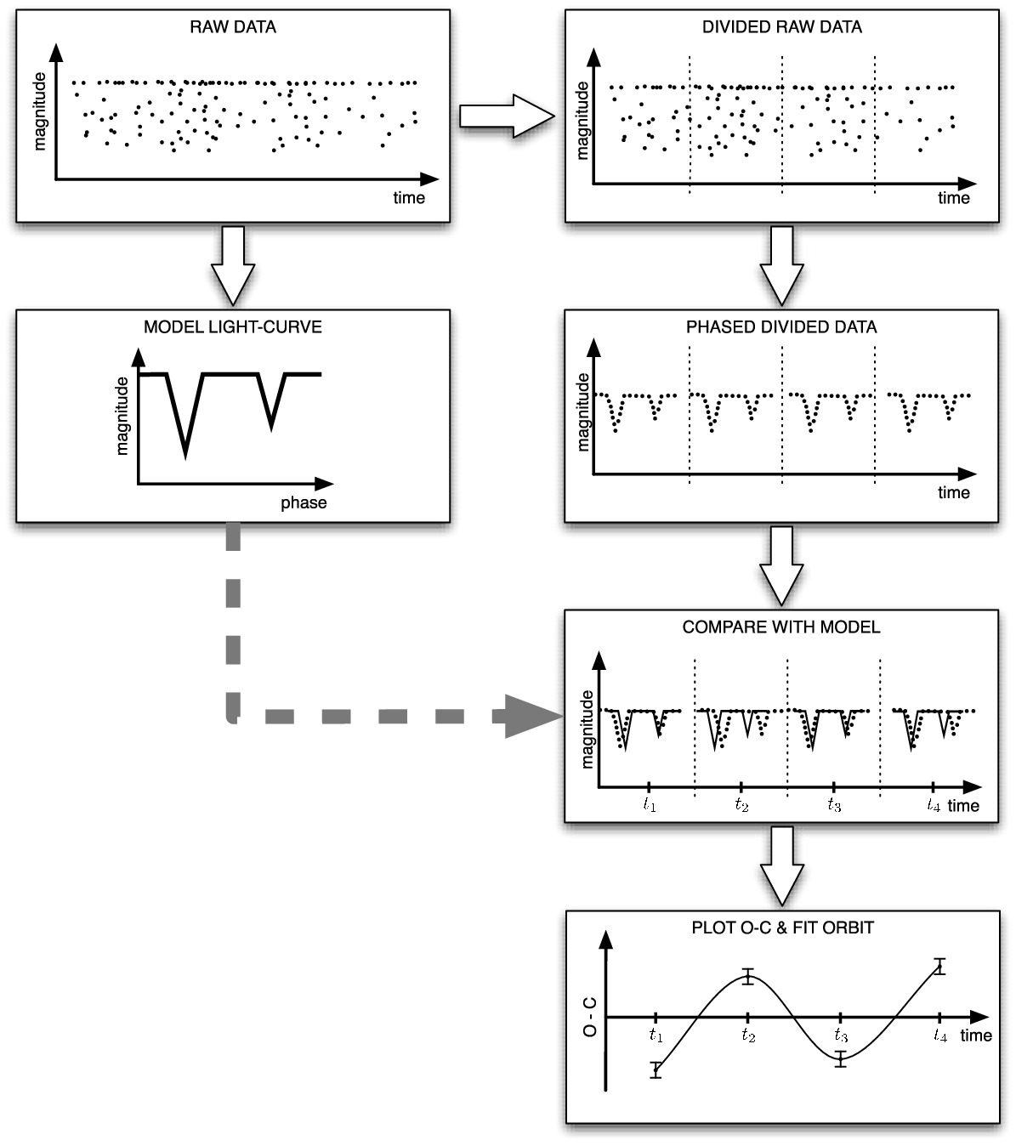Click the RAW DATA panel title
pyautogui.click(x=232, y=27)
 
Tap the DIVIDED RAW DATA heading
pyautogui.click(x=782, y=27)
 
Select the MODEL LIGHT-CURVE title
pyautogui.click(x=232, y=327)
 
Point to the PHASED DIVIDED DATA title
pyautogui.click(x=781, y=327)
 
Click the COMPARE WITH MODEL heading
pyautogui.click(x=781, y=627)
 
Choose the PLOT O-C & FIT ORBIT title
pyautogui.click(x=782, y=928)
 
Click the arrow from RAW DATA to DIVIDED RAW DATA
pyautogui.click(x=507, y=116)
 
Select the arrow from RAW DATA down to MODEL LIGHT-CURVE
pyautogui.click(x=233, y=266)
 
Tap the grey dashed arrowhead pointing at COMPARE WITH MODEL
pyautogui.click(x=533, y=716)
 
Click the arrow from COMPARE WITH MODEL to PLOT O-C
pyautogui.click(x=782, y=865)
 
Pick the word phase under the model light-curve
pyautogui.click(x=304, y=502)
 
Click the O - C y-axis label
pyautogui.click(x=589, y=1017)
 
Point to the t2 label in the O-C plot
pyautogui.click(x=748, y=1035)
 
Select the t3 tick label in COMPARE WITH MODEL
pyautogui.click(x=834, y=804)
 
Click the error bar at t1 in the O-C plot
pyautogui.click(x=656, y=1069)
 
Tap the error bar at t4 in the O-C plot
pyautogui.click(x=939, y=966)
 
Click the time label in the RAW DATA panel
pyautogui.click(x=409, y=197)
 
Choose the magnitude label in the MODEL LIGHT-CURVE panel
pyautogui.click(x=122, y=416)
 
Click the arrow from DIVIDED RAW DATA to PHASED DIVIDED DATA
pyautogui.click(x=782, y=266)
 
